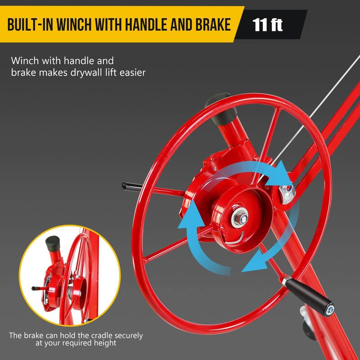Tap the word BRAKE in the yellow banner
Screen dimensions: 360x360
tap(213, 24)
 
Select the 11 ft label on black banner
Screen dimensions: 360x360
tap(267, 24)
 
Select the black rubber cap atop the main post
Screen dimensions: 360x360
tap(221, 108)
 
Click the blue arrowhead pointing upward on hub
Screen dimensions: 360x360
tap(191, 215)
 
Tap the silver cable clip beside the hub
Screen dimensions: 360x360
tap(287, 194)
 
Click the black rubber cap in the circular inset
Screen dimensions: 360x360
tap(53, 244)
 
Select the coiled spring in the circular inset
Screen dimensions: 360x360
tap(70, 292)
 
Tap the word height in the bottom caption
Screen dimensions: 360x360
tap(105, 343)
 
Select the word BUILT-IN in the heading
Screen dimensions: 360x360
tap(30, 24)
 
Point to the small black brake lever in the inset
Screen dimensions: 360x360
tap(38, 288)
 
